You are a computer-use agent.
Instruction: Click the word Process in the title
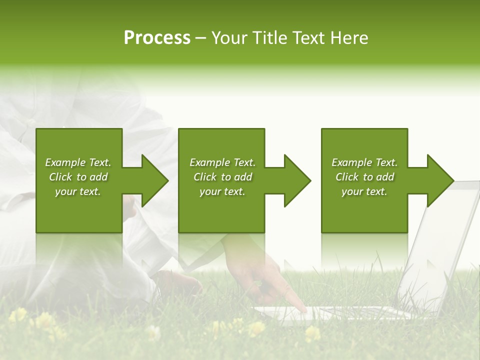click(157, 38)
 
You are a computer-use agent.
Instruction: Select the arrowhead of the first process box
click(152, 180)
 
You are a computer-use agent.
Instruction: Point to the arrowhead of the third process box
click(438, 180)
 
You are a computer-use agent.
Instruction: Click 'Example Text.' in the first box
click(78, 162)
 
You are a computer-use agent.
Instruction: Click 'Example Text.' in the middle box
click(222, 162)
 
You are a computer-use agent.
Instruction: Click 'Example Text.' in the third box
click(364, 162)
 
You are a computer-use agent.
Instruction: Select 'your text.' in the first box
click(78, 191)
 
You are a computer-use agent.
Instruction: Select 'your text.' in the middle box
click(222, 191)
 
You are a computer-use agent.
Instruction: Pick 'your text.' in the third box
click(364, 191)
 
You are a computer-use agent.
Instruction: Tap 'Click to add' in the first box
click(78, 177)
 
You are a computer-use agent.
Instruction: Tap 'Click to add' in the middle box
click(222, 177)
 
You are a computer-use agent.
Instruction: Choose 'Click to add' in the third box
click(364, 177)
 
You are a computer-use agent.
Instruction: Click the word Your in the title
click(229, 38)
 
